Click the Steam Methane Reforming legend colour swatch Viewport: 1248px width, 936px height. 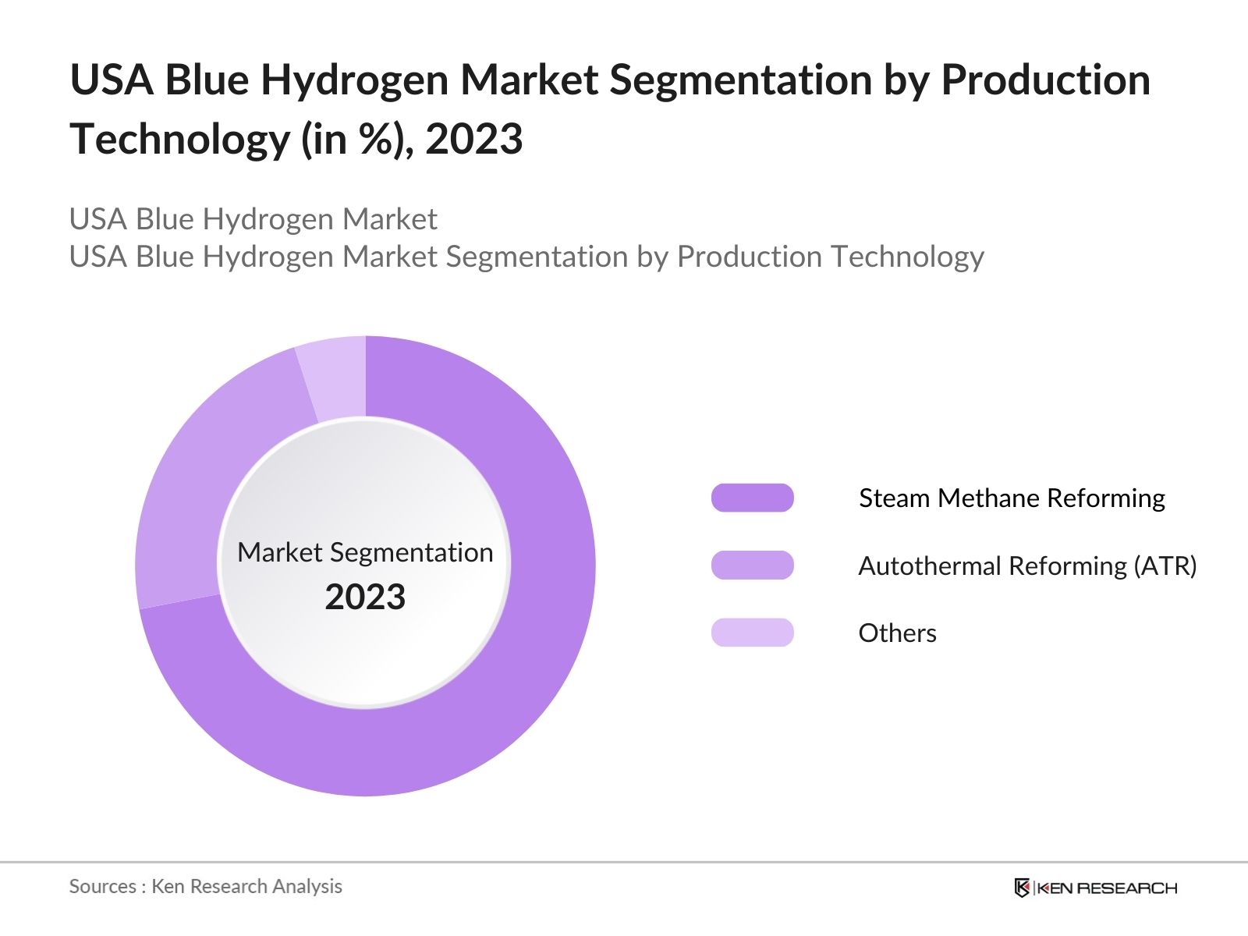(x=752, y=498)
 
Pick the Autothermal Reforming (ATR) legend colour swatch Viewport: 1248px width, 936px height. (x=752, y=565)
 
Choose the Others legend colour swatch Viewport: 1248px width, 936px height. (x=752, y=633)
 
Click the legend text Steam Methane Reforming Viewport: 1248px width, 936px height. (x=1012, y=498)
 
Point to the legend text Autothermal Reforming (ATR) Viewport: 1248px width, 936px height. (x=1027, y=565)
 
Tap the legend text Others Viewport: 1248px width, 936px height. (x=897, y=633)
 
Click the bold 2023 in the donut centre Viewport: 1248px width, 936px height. (x=365, y=597)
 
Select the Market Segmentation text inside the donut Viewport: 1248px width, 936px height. (x=365, y=552)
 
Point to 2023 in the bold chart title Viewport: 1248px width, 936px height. (x=473, y=140)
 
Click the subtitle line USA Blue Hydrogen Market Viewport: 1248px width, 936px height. (x=253, y=219)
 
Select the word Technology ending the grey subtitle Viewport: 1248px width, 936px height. (x=906, y=257)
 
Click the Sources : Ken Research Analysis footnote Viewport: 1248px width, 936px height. (x=206, y=886)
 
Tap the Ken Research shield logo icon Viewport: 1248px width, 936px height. (x=1022, y=888)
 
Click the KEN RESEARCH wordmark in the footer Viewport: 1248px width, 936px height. (x=1107, y=888)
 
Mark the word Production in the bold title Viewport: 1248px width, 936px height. (x=1045, y=80)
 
